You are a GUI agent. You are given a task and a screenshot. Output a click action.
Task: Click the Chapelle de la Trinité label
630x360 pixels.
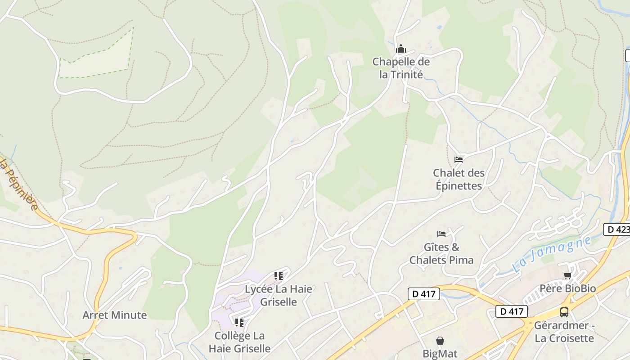401,68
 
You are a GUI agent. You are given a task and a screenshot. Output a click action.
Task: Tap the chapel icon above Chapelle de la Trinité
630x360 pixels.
401,49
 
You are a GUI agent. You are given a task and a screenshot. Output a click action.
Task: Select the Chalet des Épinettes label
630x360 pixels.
459,179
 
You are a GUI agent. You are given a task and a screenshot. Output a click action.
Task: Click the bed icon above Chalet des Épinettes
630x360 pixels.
459,159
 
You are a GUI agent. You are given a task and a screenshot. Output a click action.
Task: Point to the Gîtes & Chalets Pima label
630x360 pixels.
441,253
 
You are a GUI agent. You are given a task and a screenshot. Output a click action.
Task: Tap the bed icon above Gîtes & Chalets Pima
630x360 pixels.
441,234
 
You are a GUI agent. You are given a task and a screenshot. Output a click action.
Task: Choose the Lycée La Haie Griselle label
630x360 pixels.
279,295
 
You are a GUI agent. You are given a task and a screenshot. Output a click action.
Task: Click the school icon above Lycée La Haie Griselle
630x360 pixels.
279,275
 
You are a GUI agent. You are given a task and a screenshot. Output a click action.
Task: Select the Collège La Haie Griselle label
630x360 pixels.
239,342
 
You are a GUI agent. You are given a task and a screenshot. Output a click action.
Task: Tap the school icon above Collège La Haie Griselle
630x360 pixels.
239,322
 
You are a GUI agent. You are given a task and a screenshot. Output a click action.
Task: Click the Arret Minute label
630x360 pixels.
115,315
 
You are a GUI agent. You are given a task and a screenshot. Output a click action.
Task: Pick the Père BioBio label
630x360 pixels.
567,288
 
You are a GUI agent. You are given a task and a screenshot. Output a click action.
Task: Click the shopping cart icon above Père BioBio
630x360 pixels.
567,275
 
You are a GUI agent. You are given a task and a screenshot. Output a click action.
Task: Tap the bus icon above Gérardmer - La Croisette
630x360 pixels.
564,312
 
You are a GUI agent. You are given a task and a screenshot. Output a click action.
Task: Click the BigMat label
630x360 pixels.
440,353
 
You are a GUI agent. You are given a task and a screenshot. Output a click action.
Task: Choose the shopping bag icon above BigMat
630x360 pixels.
440,341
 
